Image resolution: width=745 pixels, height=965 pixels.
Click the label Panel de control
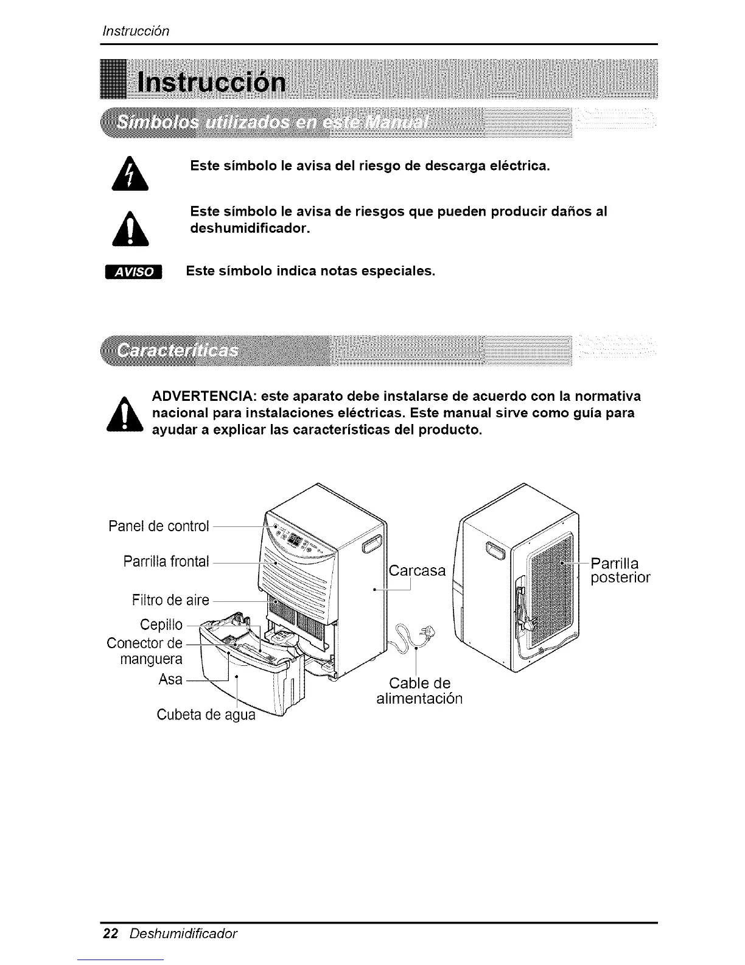(x=158, y=526)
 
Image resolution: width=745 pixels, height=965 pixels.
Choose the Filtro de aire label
(x=170, y=601)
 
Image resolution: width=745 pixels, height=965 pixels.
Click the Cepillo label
(x=161, y=625)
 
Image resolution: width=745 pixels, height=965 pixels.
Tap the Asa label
(x=170, y=679)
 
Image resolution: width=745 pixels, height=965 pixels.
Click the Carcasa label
(x=417, y=571)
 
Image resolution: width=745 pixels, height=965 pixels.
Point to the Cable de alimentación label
(x=420, y=690)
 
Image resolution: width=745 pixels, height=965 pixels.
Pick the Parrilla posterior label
(x=620, y=570)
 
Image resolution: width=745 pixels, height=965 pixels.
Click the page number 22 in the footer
(x=110, y=934)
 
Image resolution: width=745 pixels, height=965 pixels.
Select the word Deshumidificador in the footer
(x=183, y=934)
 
